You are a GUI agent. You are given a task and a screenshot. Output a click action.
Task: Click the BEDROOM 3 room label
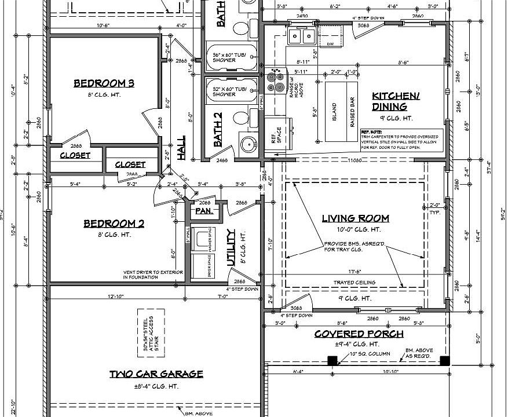click(x=104, y=84)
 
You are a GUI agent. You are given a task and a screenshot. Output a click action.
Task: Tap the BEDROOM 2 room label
click(x=114, y=224)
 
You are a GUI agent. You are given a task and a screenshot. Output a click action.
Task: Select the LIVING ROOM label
click(x=355, y=218)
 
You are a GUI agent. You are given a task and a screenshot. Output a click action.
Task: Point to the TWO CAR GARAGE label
click(x=156, y=374)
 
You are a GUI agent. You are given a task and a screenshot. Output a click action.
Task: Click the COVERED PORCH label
click(x=359, y=334)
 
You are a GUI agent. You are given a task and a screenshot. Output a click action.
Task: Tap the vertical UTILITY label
click(x=231, y=247)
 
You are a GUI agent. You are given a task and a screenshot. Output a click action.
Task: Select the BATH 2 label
click(x=218, y=129)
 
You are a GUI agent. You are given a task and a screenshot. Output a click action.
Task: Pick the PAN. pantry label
click(x=203, y=211)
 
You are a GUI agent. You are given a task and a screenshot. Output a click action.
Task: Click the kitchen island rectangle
click(x=335, y=112)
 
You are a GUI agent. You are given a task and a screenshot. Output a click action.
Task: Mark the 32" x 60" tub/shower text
click(x=229, y=91)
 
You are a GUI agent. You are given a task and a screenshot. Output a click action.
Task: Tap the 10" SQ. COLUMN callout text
click(x=370, y=353)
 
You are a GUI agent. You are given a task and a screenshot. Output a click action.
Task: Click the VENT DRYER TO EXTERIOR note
click(x=153, y=275)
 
